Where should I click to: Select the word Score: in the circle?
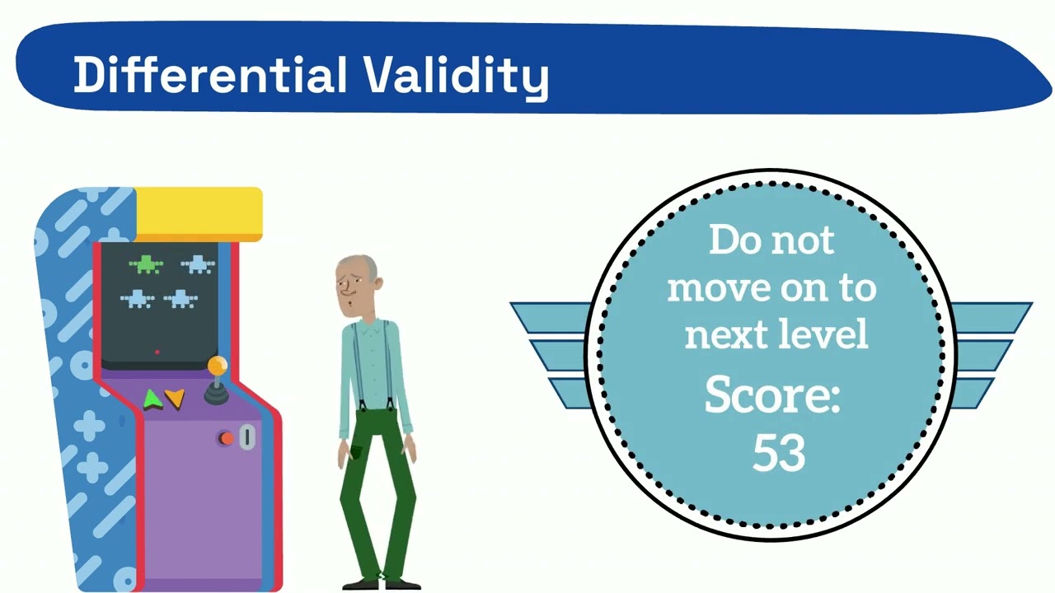[x=771, y=395]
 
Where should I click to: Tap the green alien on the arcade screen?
[x=146, y=264]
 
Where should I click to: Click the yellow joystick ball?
[x=218, y=365]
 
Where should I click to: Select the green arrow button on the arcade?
[x=152, y=400]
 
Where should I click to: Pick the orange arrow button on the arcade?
[x=175, y=399]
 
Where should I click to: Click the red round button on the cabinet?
[x=225, y=438]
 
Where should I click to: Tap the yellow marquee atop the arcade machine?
[x=198, y=213]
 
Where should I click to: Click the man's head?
[x=358, y=284]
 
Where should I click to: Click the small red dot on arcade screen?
[x=157, y=352]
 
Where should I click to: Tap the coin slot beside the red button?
[x=246, y=437]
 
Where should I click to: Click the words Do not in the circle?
[x=771, y=240]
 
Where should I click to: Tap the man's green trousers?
[x=377, y=494]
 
